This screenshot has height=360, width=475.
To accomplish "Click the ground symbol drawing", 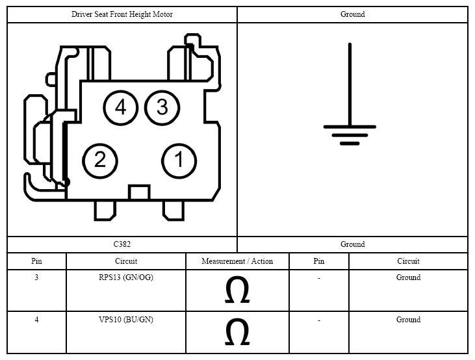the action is (x=350, y=127).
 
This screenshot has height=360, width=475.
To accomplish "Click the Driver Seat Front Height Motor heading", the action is (x=122, y=14).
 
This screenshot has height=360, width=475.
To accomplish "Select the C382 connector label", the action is (x=122, y=244).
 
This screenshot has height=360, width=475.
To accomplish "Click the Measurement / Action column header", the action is (x=237, y=261).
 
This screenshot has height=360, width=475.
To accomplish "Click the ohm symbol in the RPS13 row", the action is (x=237, y=289).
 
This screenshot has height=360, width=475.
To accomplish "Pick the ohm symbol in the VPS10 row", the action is (x=237, y=331).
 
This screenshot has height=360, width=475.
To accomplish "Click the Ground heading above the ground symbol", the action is (x=353, y=14).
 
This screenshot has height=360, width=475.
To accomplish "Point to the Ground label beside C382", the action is (x=353, y=244).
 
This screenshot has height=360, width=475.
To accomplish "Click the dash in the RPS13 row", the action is (x=319, y=278).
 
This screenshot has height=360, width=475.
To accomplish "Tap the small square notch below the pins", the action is (x=139, y=192).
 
